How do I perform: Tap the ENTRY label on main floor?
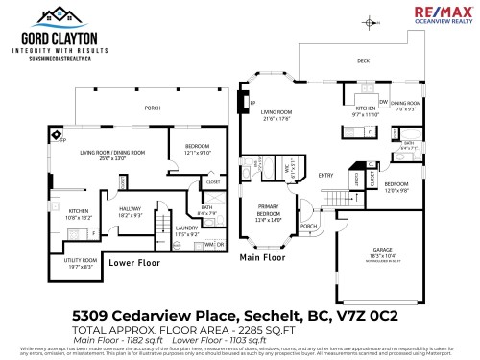325,175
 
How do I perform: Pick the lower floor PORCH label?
151,108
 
